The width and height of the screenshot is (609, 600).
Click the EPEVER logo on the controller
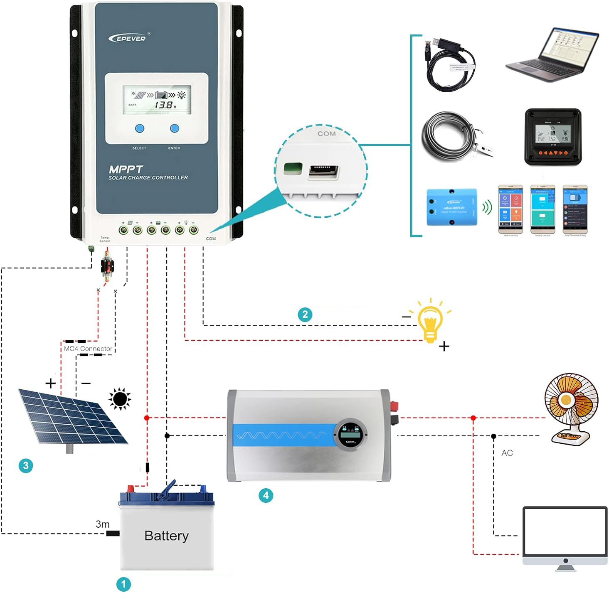click(128, 38)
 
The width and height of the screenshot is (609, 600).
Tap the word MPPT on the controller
click(126, 169)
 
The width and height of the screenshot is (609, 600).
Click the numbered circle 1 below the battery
click(123, 584)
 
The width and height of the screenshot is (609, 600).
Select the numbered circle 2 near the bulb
click(305, 315)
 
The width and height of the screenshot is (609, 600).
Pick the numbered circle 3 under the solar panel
click(26, 465)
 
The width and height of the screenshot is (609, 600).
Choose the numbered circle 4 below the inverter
click(266, 495)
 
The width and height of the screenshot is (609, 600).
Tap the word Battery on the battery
click(166, 536)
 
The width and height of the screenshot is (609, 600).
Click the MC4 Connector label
click(88, 349)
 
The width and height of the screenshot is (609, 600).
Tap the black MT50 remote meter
click(552, 137)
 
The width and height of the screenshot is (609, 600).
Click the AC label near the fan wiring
click(507, 453)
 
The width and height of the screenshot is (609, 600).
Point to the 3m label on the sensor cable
click(102, 524)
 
